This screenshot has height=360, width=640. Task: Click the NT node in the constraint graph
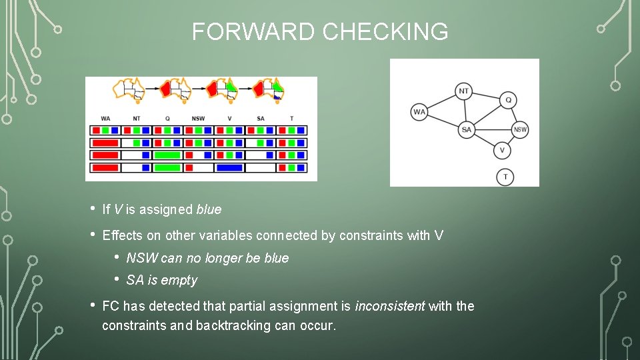tap(465, 91)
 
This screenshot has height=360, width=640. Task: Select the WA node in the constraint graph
tap(419, 111)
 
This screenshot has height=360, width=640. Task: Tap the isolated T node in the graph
tap(505, 177)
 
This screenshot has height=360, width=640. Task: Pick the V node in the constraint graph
tap(502, 150)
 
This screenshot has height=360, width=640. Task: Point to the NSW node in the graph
tap(520, 130)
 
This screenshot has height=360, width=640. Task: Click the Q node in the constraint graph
tap(508, 100)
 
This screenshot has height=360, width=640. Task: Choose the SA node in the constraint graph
tap(467, 130)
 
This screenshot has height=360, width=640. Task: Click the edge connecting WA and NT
tap(441, 101)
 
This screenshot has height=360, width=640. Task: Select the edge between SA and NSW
tap(493, 130)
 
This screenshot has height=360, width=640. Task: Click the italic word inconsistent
tap(390, 306)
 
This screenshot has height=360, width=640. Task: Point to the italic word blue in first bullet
tap(209, 209)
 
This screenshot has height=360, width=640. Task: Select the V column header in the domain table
tap(229, 119)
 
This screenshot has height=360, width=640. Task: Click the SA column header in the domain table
tap(261, 119)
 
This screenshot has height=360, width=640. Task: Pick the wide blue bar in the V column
tap(229, 167)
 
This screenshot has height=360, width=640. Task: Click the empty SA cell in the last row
tap(261, 167)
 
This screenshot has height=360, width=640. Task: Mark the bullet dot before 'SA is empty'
tap(117, 279)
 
